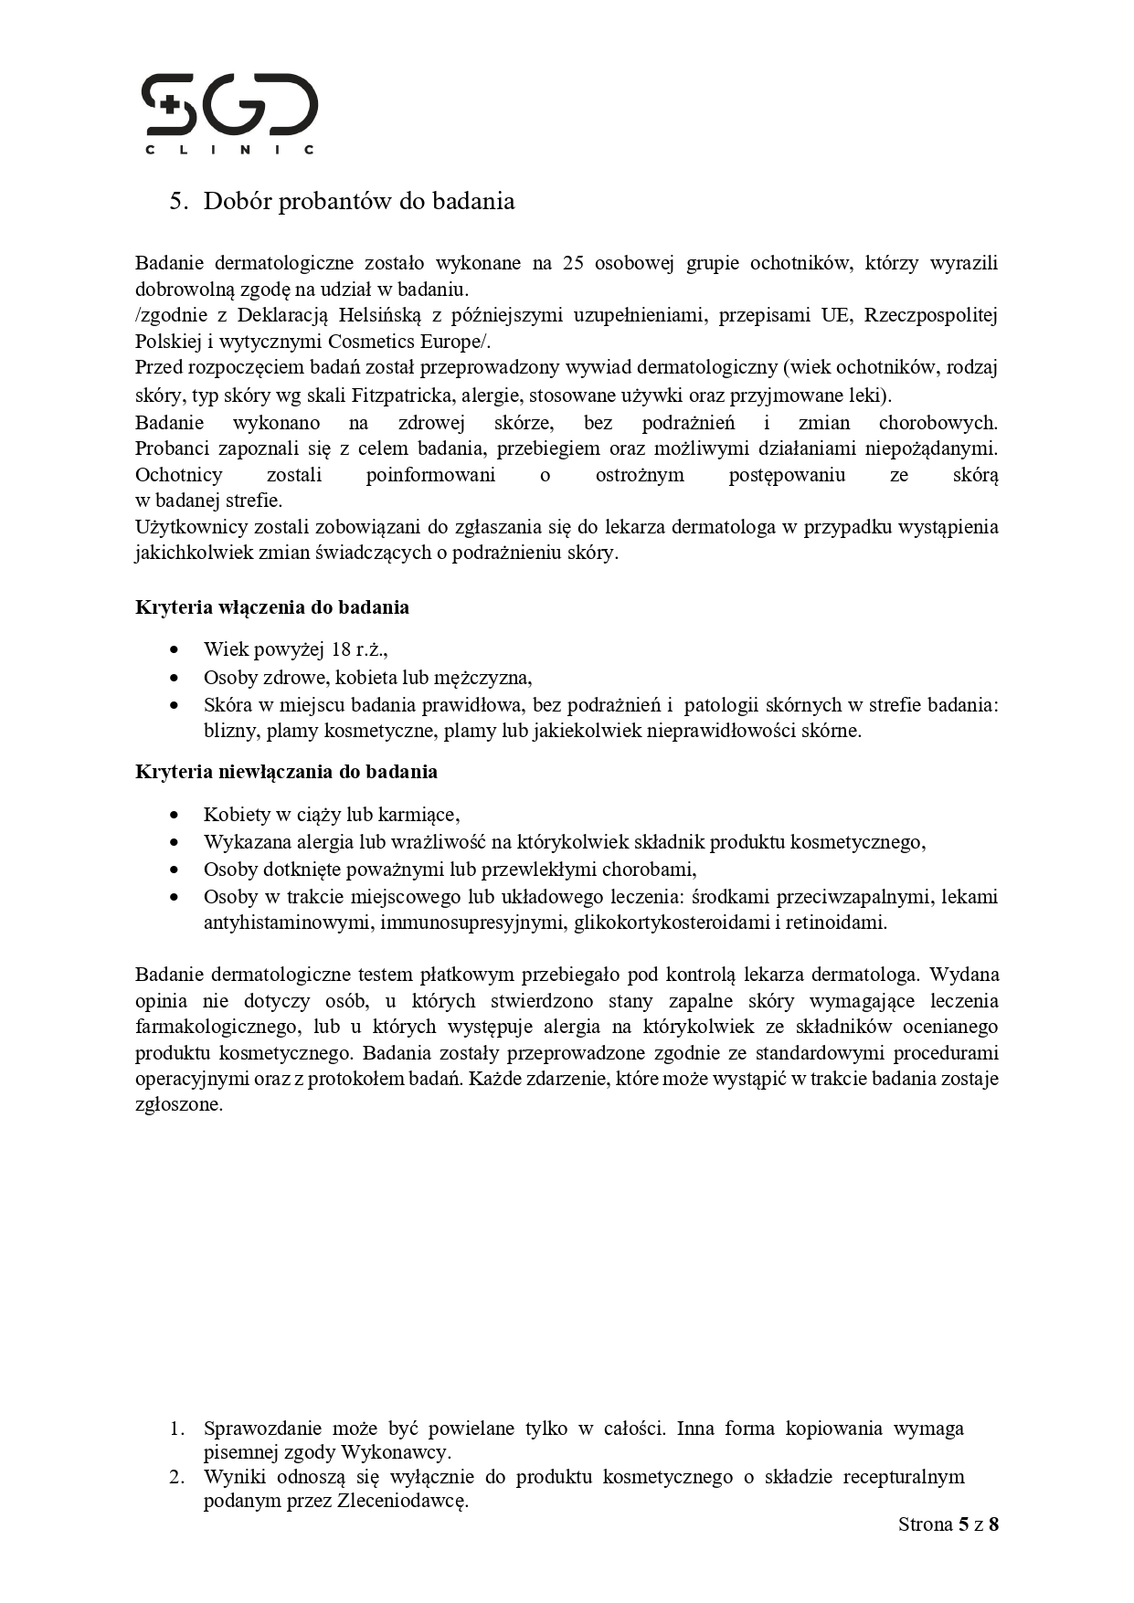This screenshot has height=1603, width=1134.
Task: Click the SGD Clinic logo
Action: pyautogui.click(x=229, y=112)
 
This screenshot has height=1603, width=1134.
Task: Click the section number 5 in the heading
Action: pyautogui.click(x=175, y=201)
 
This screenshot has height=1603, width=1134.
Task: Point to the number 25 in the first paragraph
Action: pyautogui.click(x=573, y=263)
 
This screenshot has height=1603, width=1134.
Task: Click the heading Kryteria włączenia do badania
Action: pyautogui.click(x=272, y=607)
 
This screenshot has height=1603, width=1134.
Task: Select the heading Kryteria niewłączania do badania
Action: pyautogui.click(x=286, y=772)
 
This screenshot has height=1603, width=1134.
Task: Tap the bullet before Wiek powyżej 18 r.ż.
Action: pyautogui.click(x=175, y=650)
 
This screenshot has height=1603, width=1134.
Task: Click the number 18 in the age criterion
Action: pyautogui.click(x=341, y=650)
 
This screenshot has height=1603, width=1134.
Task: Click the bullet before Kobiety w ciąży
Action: pyautogui.click(x=175, y=815)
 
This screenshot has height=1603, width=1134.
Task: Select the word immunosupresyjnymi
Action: pyautogui.click(x=473, y=923)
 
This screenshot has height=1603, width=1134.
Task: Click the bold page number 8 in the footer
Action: pyautogui.click(x=993, y=1524)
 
